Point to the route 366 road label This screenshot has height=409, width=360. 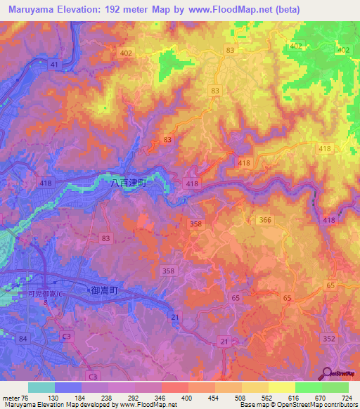tap(264, 220)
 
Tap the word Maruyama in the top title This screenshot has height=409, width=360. tap(30, 10)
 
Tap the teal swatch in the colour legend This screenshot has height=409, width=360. tap(41, 387)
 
